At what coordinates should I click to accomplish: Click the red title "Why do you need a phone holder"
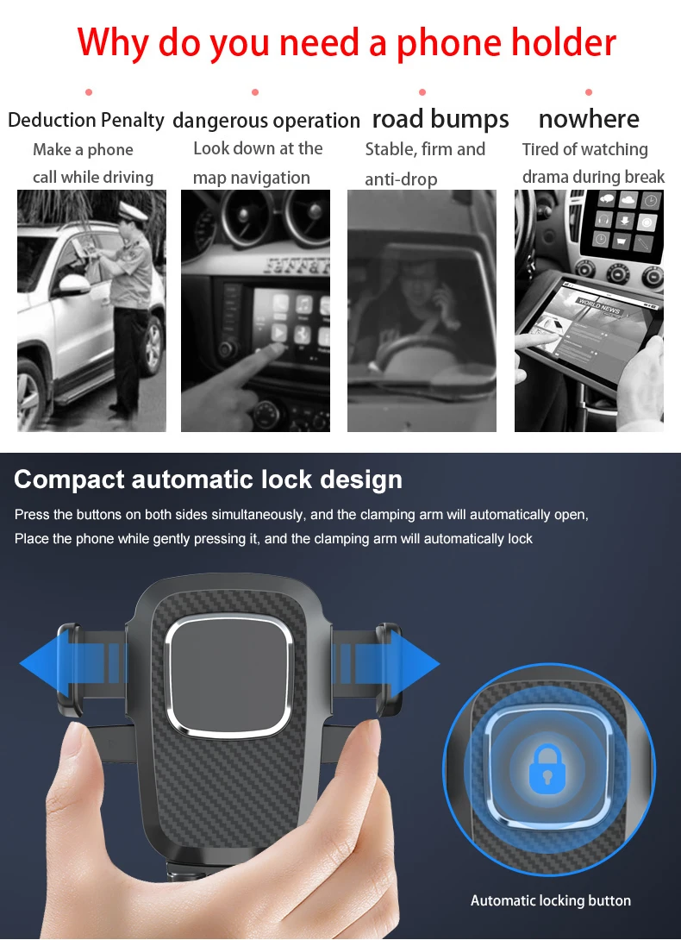(347, 42)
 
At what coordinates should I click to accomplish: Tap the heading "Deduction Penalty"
(85, 120)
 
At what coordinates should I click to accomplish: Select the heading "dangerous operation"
(266, 121)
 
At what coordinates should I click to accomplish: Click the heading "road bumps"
(440, 119)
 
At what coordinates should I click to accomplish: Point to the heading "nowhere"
(588, 119)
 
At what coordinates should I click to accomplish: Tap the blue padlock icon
(544, 769)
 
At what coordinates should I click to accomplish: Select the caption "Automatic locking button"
(550, 900)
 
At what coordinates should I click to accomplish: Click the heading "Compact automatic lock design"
(208, 479)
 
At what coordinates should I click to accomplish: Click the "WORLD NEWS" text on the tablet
(600, 303)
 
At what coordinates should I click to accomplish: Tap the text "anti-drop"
(401, 179)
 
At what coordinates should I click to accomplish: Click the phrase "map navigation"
(251, 178)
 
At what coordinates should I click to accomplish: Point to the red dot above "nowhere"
(589, 91)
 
